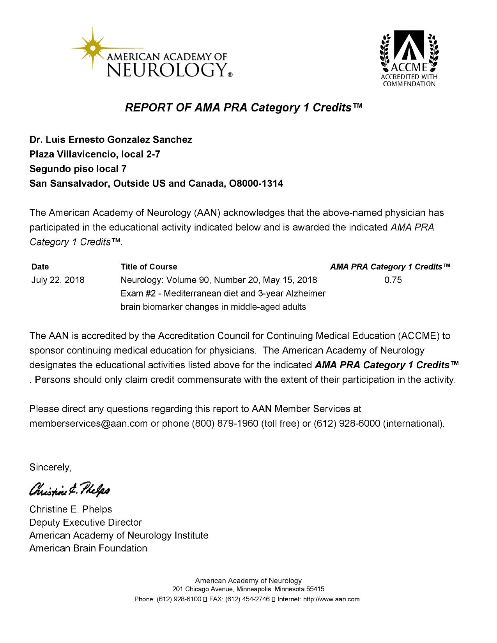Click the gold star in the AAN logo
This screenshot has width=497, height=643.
pos(93,48)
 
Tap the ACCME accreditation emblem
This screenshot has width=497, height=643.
pos(409,58)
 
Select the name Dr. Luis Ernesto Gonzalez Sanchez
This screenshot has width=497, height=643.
pos(111,140)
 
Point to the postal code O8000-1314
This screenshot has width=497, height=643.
pos(256,183)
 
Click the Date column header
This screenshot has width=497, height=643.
pos(40,267)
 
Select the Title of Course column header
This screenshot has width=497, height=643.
pos(149,267)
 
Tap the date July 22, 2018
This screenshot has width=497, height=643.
pos(58,280)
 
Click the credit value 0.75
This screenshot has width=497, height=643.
pos(393,280)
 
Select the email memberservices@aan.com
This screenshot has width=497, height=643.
pos(88,423)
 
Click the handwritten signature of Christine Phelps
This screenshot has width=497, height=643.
pos(70,488)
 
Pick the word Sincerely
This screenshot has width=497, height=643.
pos(50,467)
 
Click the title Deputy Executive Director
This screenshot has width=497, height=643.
pos(85,522)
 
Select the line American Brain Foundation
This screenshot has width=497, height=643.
pos(88,548)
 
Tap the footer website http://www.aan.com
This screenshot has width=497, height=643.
pos(331,599)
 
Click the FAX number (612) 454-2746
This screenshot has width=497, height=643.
pos(247,599)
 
